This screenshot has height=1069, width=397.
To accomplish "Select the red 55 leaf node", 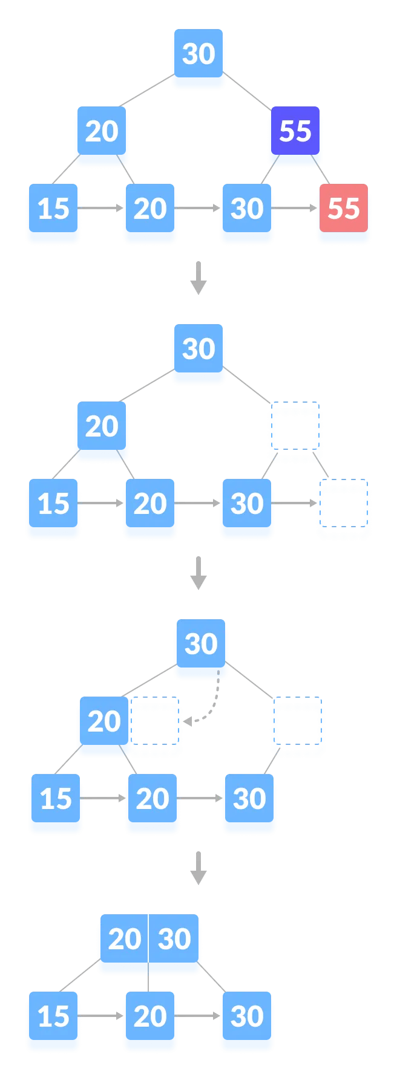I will click(343, 209).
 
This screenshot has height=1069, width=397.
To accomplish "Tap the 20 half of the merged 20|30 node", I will click(124, 939).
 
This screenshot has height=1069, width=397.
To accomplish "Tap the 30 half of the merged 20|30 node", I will click(175, 939).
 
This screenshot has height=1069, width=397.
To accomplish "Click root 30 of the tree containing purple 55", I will click(198, 54).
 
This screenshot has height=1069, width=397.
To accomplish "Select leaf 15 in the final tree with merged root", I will click(53, 1016).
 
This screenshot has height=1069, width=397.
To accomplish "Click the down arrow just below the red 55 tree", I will click(198, 278).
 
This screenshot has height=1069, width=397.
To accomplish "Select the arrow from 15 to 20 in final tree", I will click(102, 1016).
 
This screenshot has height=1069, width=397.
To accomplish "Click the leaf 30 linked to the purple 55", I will click(246, 209).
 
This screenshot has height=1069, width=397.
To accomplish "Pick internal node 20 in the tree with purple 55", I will click(101, 131).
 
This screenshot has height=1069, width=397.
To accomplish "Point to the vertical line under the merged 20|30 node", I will click(148, 983).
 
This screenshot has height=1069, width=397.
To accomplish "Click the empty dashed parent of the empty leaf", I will click(295, 431).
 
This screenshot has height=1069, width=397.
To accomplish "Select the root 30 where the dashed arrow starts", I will click(200, 645).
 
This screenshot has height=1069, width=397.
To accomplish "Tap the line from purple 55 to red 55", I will click(321, 170).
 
